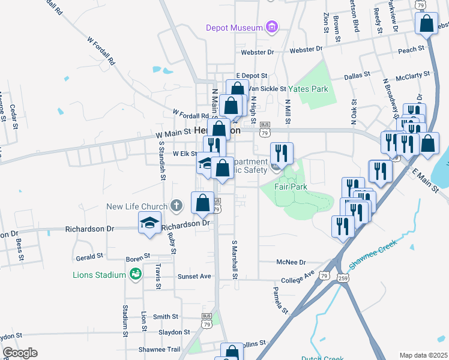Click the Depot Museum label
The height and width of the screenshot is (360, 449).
tap(234, 28)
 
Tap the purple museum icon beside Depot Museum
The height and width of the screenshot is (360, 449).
tap(273, 27)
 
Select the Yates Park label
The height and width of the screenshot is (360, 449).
tap(308, 89)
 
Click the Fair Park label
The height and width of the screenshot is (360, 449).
tap(291, 187)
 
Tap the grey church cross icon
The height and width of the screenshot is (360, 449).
tap(176, 206)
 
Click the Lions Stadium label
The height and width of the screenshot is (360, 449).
tap(99, 275)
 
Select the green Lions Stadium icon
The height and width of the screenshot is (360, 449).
tap(136, 275)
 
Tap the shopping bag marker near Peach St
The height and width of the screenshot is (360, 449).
tap(427, 25)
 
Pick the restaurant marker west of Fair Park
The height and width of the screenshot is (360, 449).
tap(281, 154)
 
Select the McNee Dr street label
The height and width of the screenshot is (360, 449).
tap(291, 262)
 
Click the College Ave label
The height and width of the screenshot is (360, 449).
tap(298, 277)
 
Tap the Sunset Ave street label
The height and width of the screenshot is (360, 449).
tap(194, 277)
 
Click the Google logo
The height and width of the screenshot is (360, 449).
tap(20, 353)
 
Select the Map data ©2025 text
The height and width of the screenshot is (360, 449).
tap(423, 355)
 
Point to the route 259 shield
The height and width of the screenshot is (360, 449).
tap(342, 278)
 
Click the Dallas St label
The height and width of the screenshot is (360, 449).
tap(359, 77)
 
